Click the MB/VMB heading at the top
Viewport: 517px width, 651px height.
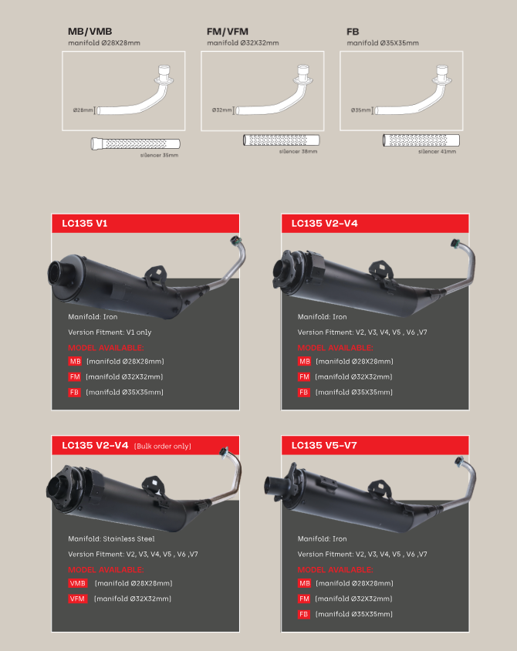pos(90,32)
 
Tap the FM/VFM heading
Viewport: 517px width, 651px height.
pos(228,32)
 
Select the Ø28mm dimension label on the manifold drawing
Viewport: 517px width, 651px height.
pos(83,110)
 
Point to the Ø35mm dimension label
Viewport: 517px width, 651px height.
pos(361,110)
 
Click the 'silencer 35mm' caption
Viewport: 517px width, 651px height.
pos(159,155)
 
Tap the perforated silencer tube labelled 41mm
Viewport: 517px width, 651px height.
pos(421,140)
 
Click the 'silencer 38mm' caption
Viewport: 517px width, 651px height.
pos(298,151)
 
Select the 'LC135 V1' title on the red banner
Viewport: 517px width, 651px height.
pos(85,224)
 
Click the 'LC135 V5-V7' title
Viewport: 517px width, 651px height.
pos(324,446)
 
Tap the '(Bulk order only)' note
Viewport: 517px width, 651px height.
pos(163,447)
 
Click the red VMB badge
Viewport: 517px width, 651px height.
pos(78,583)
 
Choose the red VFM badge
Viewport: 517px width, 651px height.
pos(78,599)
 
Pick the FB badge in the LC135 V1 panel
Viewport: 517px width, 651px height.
pos(74,393)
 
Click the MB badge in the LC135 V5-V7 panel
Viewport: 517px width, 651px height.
pos(304,583)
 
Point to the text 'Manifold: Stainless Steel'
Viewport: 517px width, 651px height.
pos(111,539)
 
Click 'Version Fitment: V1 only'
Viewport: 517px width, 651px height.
pos(110,332)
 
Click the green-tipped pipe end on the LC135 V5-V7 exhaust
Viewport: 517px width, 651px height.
pos(459,460)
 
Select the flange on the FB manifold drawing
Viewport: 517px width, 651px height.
pos(443,80)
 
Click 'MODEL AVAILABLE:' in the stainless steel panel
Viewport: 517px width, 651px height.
pos(106,569)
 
